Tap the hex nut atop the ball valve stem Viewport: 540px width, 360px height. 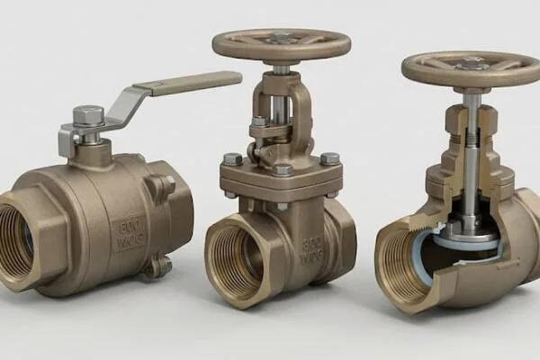click(x=87, y=115)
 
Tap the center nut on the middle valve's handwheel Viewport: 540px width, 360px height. click(x=282, y=38)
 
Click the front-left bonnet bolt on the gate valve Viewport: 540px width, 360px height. click(x=233, y=159)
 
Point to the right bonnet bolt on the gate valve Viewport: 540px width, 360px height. click(x=330, y=158)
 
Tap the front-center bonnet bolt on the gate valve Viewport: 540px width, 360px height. click(x=283, y=168)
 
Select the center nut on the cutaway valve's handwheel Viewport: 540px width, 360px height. click(x=471, y=63)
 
